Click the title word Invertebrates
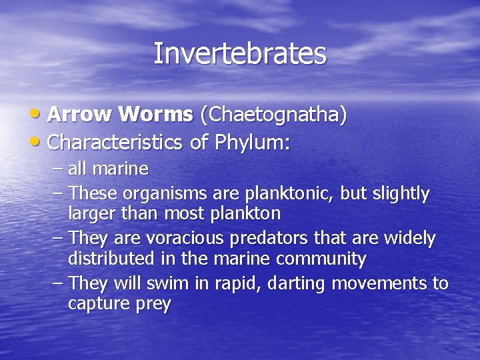coord(240,54)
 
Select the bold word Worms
coord(156,115)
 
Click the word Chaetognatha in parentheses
coord(273,115)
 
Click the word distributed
coord(115,259)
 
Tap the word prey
coord(153,305)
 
